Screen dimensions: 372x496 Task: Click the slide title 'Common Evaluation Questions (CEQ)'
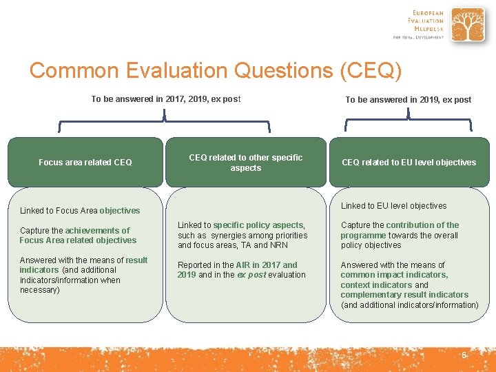[215, 70]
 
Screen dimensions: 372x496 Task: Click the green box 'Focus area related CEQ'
[85, 163]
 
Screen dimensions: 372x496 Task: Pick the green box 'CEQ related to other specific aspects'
[246, 163]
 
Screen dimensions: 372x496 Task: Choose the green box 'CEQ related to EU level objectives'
[409, 163]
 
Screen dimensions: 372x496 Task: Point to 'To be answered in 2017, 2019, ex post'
[166, 99]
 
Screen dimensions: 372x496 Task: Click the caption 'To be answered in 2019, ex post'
[409, 100]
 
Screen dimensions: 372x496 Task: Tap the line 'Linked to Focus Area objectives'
[80, 211]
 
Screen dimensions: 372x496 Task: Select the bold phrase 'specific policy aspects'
[258, 225]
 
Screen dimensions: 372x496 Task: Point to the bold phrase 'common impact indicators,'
[394, 275]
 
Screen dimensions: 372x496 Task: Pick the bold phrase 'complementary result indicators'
[404, 295]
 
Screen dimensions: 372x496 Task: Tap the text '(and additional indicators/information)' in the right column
[409, 304]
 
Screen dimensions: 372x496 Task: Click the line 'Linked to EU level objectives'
[393, 206]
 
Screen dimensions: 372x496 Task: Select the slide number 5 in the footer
[464, 355]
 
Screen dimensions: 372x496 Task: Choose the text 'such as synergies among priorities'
[242, 235]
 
